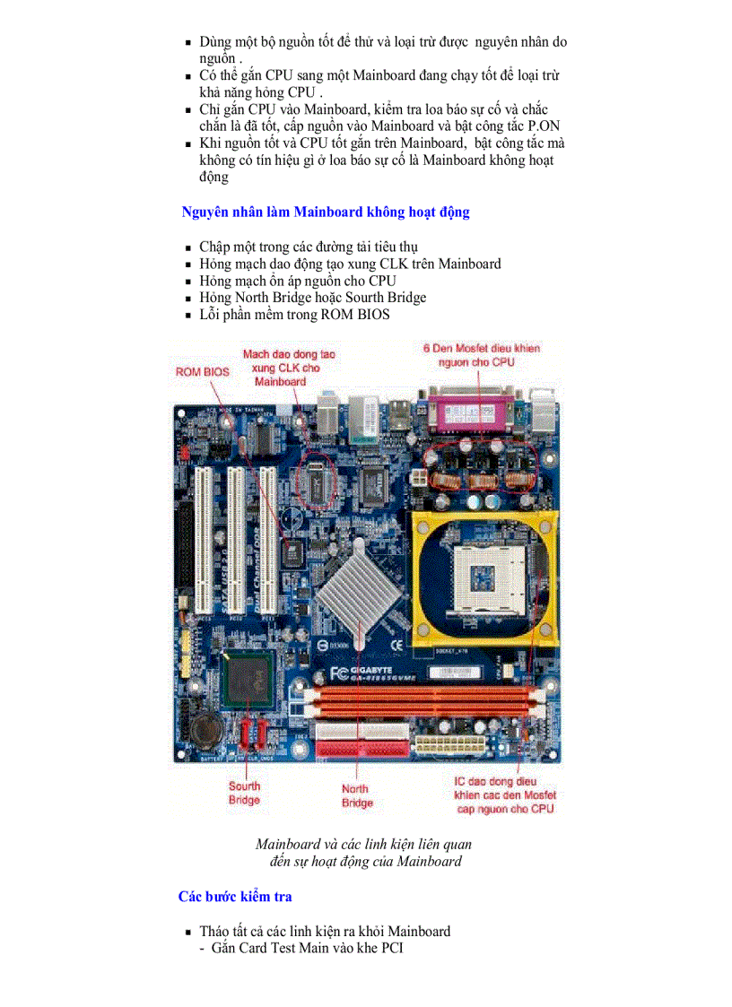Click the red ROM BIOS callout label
tap(202, 371)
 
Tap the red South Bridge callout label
tap(244, 793)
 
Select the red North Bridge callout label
tap(357, 795)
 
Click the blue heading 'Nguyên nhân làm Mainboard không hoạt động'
tap(325, 213)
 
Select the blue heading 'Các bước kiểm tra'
tap(234, 896)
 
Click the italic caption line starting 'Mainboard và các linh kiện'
tap(363, 844)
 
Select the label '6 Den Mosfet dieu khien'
tap(482, 348)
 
